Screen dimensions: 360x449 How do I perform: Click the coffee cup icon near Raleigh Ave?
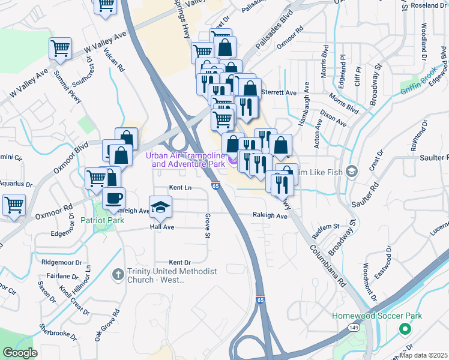pyautogui.click(x=113, y=197)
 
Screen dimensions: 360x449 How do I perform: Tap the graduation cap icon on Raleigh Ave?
pyautogui.click(x=160, y=207)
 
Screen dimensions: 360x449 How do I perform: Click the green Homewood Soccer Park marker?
pyautogui.click(x=405, y=329)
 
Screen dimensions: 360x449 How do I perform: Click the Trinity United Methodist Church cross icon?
pyautogui.click(x=118, y=274)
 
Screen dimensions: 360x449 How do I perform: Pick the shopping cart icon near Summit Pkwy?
pyautogui.click(x=60, y=48)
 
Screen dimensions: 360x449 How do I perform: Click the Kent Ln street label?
pyautogui.click(x=180, y=188)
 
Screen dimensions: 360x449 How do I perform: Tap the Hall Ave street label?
pyautogui.click(x=162, y=227)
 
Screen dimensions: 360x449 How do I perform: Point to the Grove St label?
pyautogui.click(x=208, y=226)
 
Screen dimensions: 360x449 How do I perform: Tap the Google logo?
pyautogui.click(x=20, y=353)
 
